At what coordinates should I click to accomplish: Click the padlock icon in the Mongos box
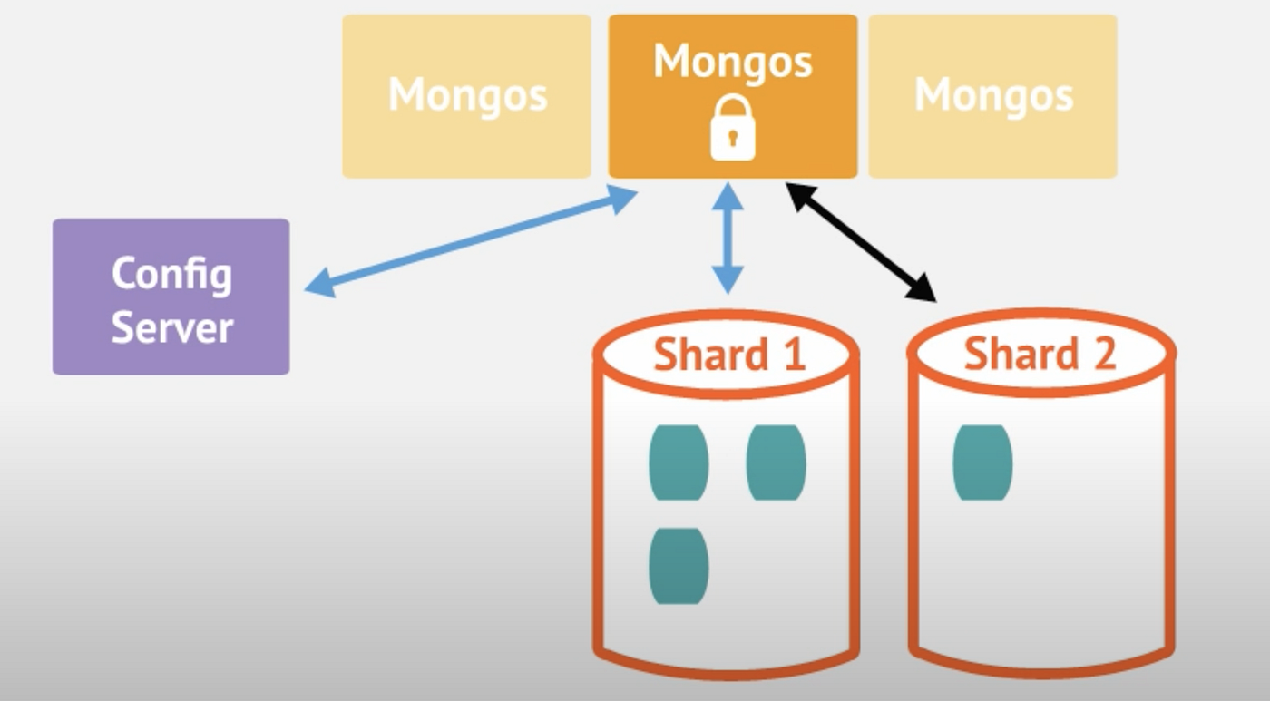tap(732, 129)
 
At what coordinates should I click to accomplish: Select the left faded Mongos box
tap(466, 95)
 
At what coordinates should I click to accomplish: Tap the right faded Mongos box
tap(992, 95)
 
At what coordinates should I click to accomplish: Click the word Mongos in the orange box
tap(732, 62)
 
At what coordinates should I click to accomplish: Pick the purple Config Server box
tap(171, 297)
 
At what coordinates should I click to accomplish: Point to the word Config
tap(171, 273)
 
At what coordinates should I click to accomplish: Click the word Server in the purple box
tap(171, 326)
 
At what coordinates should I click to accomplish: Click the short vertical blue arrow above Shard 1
tap(728, 238)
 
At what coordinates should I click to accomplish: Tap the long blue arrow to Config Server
tap(472, 240)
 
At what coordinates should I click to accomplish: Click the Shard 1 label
tap(728, 354)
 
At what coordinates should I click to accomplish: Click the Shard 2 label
tap(1039, 354)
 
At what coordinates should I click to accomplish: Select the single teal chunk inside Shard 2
tap(982, 462)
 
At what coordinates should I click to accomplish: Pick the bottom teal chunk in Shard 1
tap(679, 566)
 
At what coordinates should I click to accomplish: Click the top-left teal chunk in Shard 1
tap(679, 462)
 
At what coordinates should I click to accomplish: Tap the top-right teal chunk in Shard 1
tap(776, 462)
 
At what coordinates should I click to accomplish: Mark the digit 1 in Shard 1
tap(794, 354)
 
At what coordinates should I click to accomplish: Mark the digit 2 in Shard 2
tap(1104, 354)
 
